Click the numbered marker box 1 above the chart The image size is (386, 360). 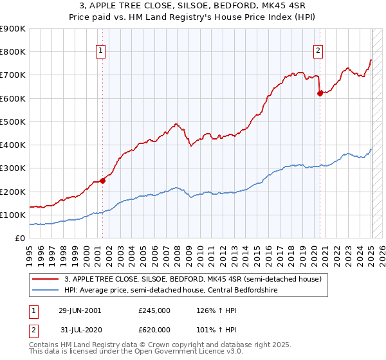click(102, 53)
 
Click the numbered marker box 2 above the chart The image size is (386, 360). click(318, 53)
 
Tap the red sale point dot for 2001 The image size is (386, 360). click(102, 181)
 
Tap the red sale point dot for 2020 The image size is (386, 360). click(320, 93)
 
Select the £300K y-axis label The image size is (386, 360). click(13, 168)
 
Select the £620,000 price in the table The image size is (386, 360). click(154, 329)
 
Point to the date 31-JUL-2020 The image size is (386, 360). click(80, 329)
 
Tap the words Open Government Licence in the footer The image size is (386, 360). click(190, 353)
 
